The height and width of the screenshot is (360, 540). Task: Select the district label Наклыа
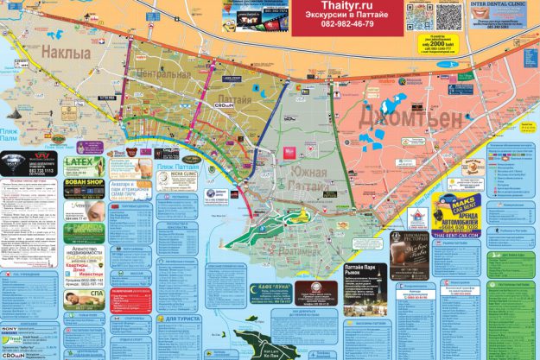tap(66, 54)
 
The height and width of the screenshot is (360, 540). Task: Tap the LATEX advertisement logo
tap(83, 161)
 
